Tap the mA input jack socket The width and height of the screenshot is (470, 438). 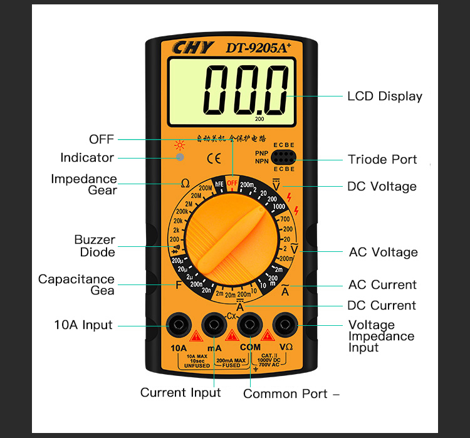[x=214, y=324]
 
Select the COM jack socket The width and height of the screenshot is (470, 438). [x=251, y=324]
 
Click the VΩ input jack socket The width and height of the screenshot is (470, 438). [x=286, y=324]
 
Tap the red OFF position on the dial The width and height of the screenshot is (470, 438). [x=232, y=183]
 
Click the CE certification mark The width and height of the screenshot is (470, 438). [x=213, y=157]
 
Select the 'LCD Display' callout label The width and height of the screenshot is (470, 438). [x=385, y=96]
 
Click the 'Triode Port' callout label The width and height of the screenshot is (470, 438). [x=382, y=159]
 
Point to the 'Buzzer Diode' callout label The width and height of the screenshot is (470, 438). [x=95, y=246]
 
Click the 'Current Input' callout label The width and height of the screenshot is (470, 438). [x=180, y=393]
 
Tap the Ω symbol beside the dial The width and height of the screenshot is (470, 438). [x=185, y=184]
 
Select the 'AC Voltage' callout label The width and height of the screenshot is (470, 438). [x=383, y=253]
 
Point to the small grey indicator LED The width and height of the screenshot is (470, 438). [x=180, y=157]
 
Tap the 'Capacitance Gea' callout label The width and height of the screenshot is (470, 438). [x=76, y=284]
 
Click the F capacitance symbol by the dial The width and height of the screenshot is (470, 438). [x=179, y=284]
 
